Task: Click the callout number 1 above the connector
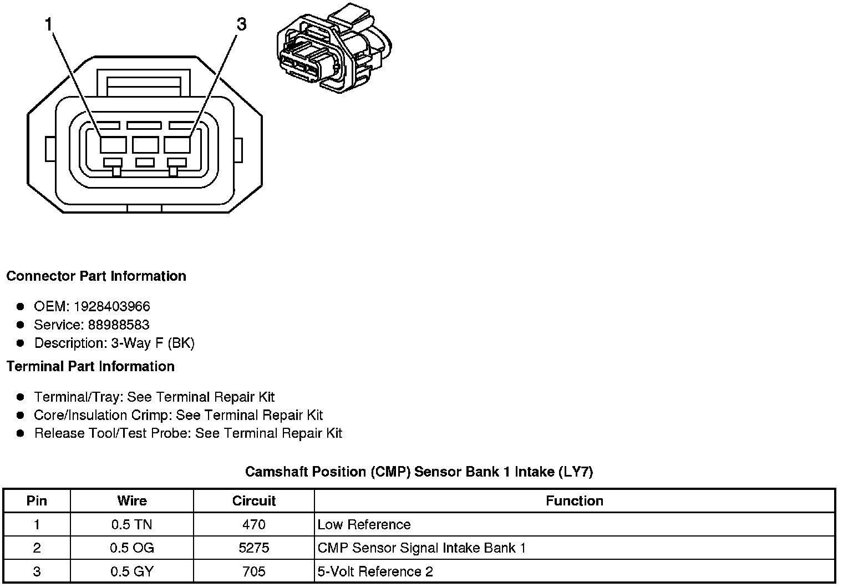tap(49, 24)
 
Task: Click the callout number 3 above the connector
tap(241, 24)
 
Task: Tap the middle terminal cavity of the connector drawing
tap(145, 145)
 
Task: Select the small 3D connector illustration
tap(334, 49)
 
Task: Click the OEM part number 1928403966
tap(111, 306)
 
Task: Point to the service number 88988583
tap(119, 325)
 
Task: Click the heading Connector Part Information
tap(96, 276)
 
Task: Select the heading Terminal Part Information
tap(90, 367)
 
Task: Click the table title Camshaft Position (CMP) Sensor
tap(419, 472)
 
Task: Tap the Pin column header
tap(37, 501)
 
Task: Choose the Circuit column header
tap(254, 501)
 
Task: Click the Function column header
tap(574, 501)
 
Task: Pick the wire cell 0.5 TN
tap(132, 524)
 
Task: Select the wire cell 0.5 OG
tap(132, 548)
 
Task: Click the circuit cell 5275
tap(254, 548)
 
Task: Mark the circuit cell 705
tap(254, 571)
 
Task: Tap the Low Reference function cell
tap(364, 524)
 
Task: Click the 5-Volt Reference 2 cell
tap(375, 571)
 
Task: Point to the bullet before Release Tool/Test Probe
tap(21, 433)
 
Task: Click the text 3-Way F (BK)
tap(153, 343)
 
